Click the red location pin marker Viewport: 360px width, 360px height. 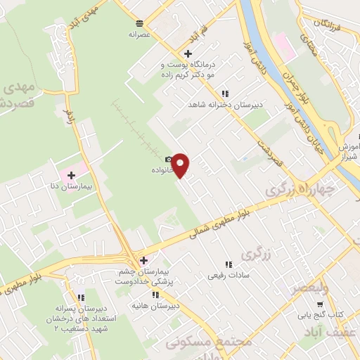pyautogui.click(x=181, y=165)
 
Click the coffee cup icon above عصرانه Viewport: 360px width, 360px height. pyautogui.click(x=140, y=22)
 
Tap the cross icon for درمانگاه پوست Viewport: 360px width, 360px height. pyautogui.click(x=187, y=53)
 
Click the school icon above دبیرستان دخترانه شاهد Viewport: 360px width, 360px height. pyautogui.click(x=225, y=94)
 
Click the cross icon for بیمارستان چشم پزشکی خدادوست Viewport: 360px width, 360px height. pyautogui.click(x=144, y=259)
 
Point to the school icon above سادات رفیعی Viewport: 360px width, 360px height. pyautogui.click(x=226, y=264)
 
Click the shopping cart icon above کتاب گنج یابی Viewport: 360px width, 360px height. pyautogui.click(x=321, y=304)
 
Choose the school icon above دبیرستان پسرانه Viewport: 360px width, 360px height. pyautogui.click(x=81, y=297)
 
